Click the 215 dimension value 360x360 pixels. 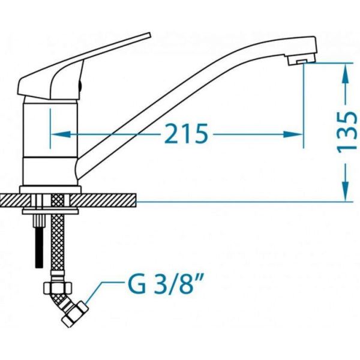click(186, 134)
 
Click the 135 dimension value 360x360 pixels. click(347, 132)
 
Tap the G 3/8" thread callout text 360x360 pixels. click(165, 284)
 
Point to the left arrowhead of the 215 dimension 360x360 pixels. click(60, 134)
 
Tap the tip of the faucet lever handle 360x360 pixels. click(149, 34)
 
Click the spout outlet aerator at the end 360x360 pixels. click(301, 61)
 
